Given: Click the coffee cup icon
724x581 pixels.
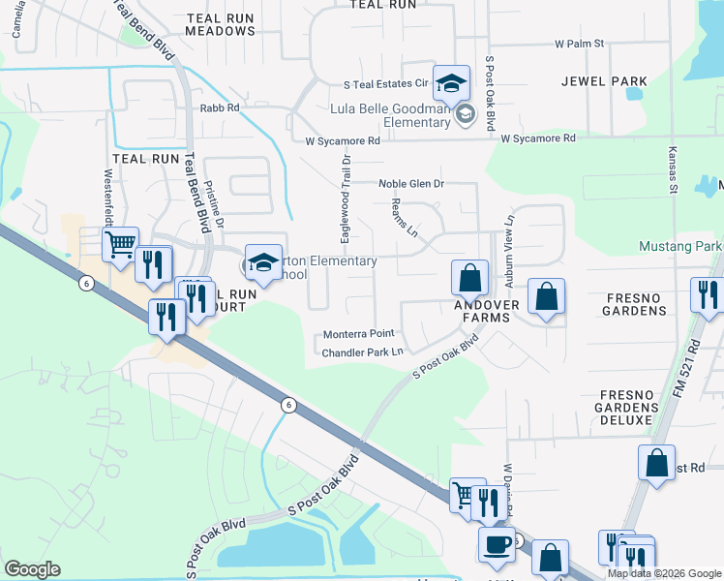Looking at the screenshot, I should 497,543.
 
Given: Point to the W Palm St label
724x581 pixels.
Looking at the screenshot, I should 579,44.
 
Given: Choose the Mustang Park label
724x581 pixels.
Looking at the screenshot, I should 679,247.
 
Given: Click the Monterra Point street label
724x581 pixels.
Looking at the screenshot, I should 358,334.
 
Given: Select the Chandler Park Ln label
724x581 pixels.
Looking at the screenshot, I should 362,352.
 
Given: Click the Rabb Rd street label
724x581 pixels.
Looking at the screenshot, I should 219,108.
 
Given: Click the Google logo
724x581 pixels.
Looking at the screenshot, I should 32,569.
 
